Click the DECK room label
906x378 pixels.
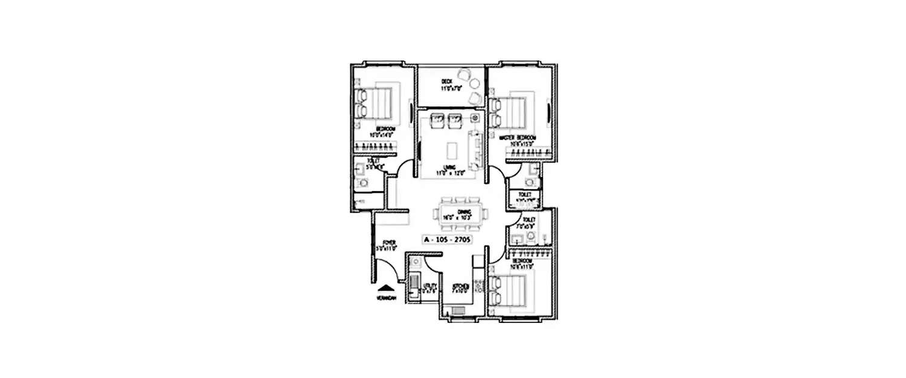click(x=446, y=81)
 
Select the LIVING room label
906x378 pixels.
click(x=448, y=168)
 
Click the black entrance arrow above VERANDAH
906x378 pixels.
click(x=385, y=288)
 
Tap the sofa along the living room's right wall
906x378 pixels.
click(x=477, y=149)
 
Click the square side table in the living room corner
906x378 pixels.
click(x=475, y=117)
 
